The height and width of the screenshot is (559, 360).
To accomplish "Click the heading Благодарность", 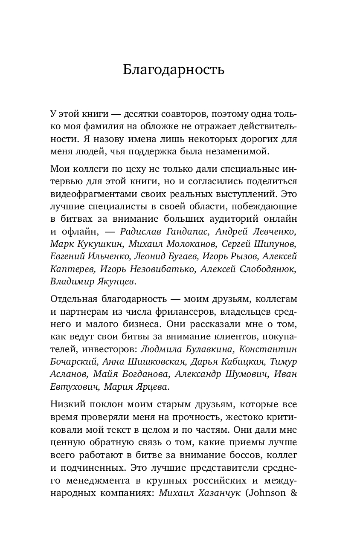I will pos(174,70).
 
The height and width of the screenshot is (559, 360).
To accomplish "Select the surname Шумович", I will pos(248,374).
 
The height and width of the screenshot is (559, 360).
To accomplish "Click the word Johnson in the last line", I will pos(269,493).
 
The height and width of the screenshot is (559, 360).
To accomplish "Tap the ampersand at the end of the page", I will pos(293,493).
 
